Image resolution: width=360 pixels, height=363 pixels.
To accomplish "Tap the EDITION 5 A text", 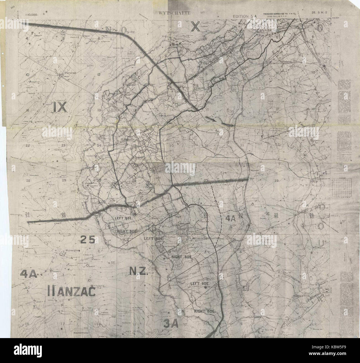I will [245, 16].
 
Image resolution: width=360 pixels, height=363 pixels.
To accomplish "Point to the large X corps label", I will [195, 27].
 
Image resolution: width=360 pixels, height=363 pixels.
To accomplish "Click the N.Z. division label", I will [139, 271].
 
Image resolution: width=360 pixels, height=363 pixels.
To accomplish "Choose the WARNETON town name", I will [302, 296].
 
